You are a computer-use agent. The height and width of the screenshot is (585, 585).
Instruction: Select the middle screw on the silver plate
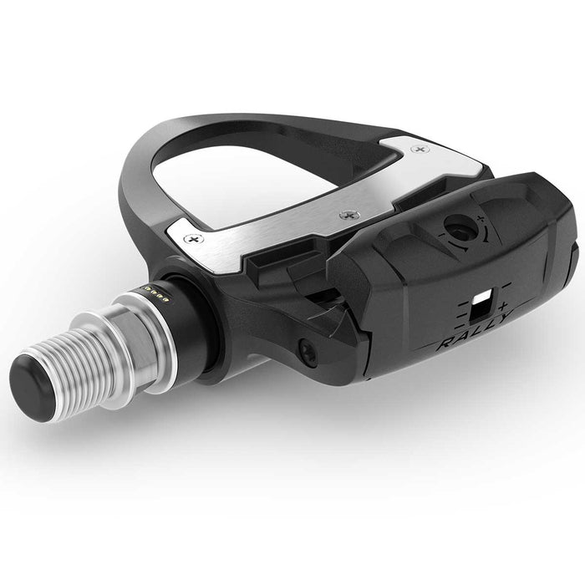[344, 216]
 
